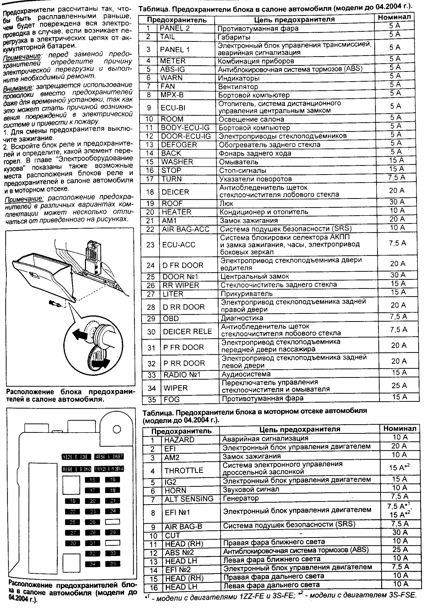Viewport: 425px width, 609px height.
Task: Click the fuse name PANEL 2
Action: point(175,28)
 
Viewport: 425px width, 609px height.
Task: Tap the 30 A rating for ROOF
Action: point(397,202)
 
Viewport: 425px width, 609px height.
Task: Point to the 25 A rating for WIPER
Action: point(399,385)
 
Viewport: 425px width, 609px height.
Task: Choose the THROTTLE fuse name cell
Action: point(184,471)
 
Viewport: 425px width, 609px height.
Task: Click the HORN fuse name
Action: point(175,491)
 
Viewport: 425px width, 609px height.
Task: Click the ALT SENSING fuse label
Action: point(189,499)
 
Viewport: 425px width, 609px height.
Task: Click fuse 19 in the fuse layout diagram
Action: point(72,501)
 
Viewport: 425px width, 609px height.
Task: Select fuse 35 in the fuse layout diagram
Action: point(113,563)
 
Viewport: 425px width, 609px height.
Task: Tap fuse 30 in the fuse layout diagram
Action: point(72,543)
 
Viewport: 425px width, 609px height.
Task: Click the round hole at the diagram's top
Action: point(117,430)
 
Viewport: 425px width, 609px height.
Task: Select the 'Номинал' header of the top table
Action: point(394,17)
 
